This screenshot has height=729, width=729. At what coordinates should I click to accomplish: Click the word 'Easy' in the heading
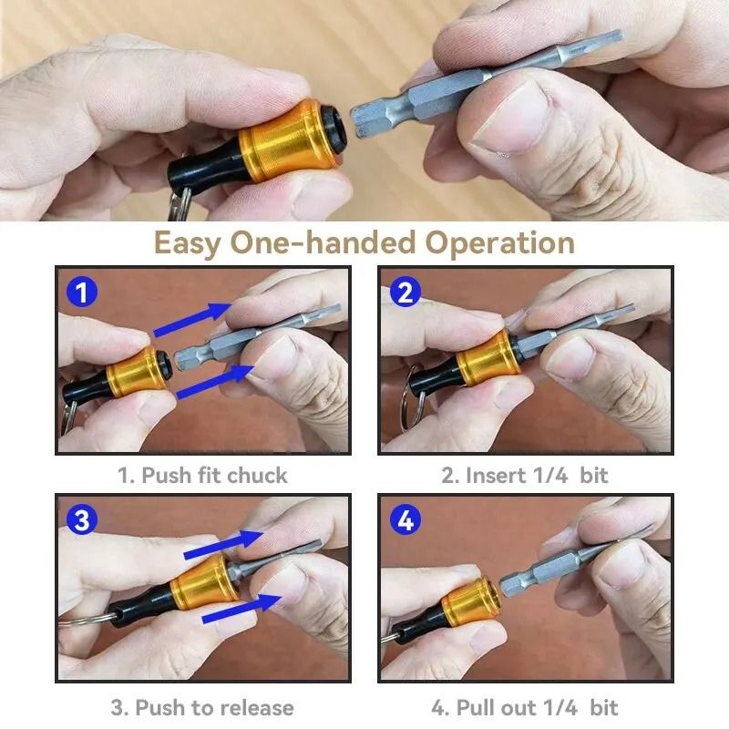[x=186, y=243]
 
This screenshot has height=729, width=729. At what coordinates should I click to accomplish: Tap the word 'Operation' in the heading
[x=500, y=243]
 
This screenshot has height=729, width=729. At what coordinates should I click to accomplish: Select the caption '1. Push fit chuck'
[x=202, y=475]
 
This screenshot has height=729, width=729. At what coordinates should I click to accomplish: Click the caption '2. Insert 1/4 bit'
[x=525, y=475]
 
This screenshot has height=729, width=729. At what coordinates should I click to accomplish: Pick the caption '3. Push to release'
[x=202, y=707]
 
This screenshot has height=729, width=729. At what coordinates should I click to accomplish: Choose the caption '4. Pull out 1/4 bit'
[x=525, y=707]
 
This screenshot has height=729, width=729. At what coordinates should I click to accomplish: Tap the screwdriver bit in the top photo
[x=474, y=87]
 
